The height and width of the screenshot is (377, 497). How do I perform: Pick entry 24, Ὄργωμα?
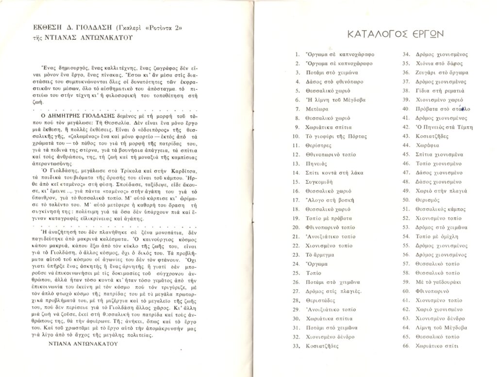pos(316,264)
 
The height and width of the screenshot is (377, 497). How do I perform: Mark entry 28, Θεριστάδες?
pos(322,300)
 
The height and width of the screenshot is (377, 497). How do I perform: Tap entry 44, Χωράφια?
pos(427,145)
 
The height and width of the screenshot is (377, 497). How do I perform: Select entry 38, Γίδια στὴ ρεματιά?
pos(440,91)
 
